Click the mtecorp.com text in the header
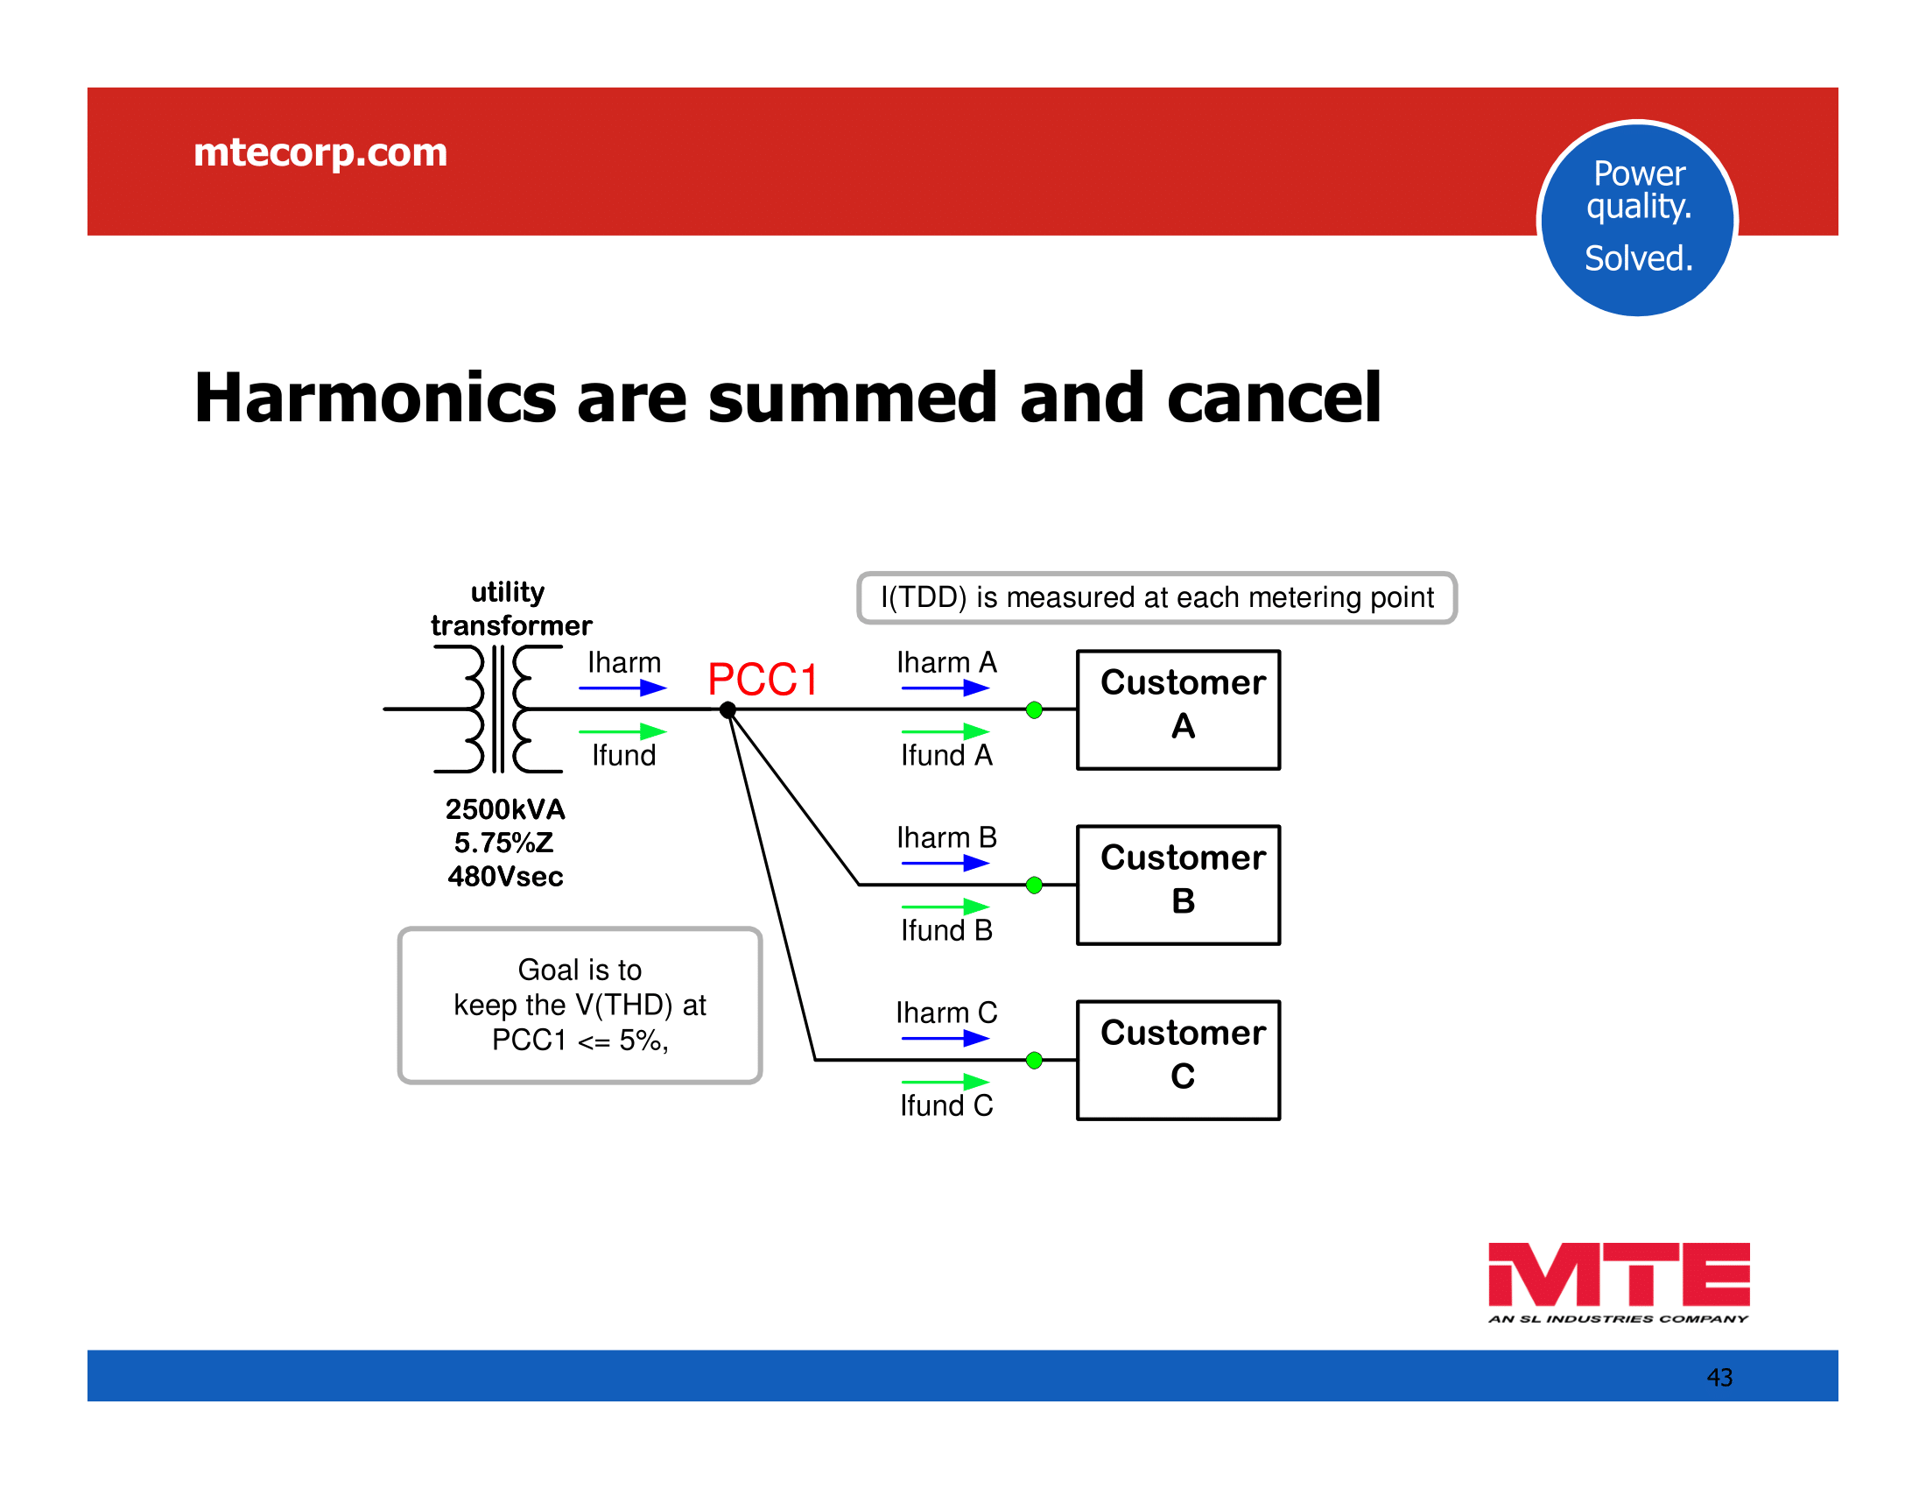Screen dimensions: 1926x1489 (320, 152)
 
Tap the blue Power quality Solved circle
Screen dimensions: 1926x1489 (1638, 219)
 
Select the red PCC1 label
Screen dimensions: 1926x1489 (763, 680)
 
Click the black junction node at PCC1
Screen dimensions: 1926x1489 (728, 710)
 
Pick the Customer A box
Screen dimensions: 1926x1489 (1178, 710)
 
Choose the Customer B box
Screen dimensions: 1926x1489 (1178, 885)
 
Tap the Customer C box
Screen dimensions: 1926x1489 (1178, 1061)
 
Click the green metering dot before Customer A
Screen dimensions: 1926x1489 (1035, 710)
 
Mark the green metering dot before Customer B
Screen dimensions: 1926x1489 (1035, 885)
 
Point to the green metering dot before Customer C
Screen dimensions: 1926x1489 (1035, 1061)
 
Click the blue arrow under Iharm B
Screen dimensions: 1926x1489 (945, 864)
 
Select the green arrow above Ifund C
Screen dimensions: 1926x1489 (945, 1082)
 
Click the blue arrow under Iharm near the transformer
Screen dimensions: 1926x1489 (622, 688)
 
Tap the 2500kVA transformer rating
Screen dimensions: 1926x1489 (505, 809)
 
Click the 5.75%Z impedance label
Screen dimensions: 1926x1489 (503, 843)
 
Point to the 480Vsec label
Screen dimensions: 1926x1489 (505, 876)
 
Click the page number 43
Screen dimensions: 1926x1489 (1719, 1377)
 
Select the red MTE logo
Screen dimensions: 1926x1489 (1618, 1281)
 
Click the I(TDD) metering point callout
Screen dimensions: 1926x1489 (1157, 598)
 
